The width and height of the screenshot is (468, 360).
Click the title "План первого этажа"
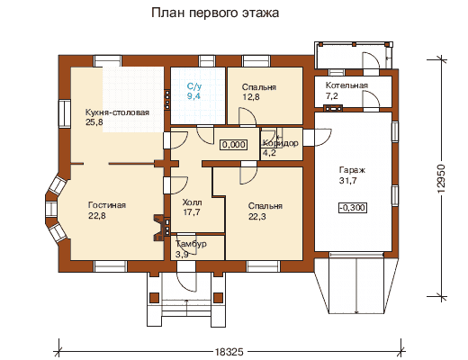(215, 13)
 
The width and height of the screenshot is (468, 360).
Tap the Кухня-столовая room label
(117, 112)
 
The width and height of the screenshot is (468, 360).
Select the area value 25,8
(94, 122)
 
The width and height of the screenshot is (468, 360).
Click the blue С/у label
(194, 86)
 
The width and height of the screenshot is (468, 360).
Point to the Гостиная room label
(107, 205)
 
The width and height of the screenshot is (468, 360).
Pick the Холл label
(192, 202)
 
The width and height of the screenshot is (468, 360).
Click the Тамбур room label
(191, 244)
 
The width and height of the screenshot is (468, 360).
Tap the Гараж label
(352, 170)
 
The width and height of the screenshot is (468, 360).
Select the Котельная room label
(346, 85)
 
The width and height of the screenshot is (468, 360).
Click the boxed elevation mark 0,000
(234, 145)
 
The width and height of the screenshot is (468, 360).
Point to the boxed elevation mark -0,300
(353, 208)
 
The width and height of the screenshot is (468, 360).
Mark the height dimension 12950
(441, 178)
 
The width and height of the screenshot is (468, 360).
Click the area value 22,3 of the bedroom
(257, 217)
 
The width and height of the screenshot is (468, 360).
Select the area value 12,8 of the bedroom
(251, 97)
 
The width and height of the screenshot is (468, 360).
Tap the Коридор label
(281, 143)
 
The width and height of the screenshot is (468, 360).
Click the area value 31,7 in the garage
(348, 181)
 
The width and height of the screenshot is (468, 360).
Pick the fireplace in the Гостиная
(161, 228)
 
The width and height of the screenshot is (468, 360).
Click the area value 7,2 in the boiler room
(332, 96)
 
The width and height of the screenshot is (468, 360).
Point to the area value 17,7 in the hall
(192, 212)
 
